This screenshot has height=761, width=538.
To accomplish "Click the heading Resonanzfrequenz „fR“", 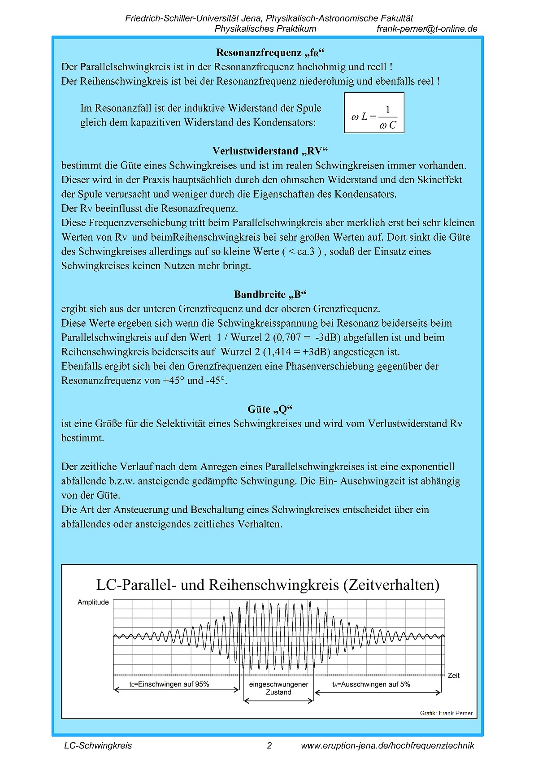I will [x=270, y=53].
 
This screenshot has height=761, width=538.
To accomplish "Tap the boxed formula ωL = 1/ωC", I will [x=374, y=113].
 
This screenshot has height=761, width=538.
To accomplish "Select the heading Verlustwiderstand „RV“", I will [x=270, y=151].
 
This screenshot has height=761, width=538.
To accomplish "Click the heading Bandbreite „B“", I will [x=270, y=294].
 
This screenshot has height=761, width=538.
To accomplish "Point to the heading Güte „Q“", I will [x=270, y=409].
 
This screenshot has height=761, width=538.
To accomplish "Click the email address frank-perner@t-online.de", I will [x=427, y=29].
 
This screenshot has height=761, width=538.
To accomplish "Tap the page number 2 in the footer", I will [x=269, y=746].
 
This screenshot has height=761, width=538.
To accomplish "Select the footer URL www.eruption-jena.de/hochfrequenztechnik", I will [x=387, y=746].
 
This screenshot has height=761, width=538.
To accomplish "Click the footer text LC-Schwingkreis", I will [x=98, y=746].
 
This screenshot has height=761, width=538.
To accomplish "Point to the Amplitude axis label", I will [x=93, y=602].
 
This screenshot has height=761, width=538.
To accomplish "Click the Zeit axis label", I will [x=454, y=675].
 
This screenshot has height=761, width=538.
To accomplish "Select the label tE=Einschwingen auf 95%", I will [x=169, y=684].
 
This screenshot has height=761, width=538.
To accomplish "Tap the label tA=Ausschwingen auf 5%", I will [x=371, y=684].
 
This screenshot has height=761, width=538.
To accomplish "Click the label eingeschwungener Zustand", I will [x=278, y=688].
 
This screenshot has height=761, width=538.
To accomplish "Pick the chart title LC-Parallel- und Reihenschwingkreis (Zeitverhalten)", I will [x=268, y=585].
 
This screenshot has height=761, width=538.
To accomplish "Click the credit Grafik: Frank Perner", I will [x=446, y=713].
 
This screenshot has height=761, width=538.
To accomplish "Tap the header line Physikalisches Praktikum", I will [x=265, y=29].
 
